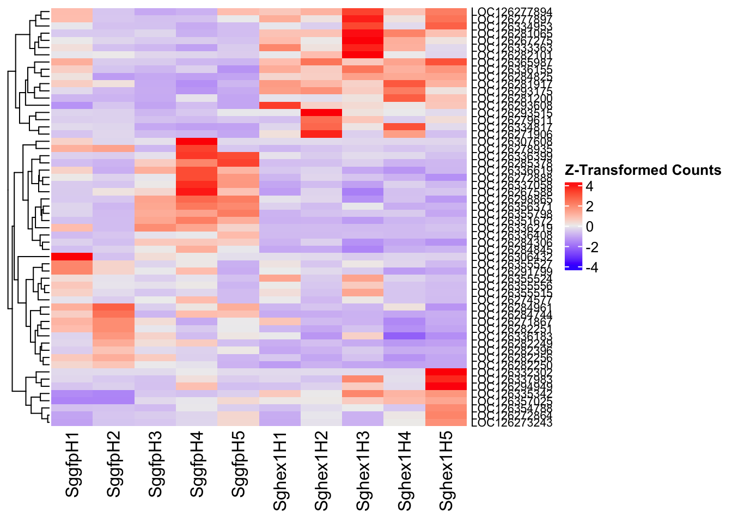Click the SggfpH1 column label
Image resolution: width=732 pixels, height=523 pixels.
pos(72,465)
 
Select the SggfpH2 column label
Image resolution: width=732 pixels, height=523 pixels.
pos(114,465)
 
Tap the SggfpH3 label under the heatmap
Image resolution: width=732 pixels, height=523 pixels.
pos(156,465)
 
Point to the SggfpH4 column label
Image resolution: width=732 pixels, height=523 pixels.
pos(197,465)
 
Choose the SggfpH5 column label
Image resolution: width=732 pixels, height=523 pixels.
pos(239,465)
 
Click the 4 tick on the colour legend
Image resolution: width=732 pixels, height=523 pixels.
pos(590,186)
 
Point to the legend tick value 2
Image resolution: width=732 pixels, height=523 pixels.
pos(590,206)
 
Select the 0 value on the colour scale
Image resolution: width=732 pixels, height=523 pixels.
pos(590,227)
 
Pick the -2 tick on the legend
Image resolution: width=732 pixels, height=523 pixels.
pos(592,247)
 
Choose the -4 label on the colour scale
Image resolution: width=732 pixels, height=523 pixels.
pos(592,267)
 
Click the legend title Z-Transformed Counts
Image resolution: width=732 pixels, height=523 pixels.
pos(643,171)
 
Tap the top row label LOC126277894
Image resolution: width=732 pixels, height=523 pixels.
pos(512,11)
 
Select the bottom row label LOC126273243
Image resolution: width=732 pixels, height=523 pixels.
pos(512,423)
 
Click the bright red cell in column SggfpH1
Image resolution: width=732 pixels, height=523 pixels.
pos(72,257)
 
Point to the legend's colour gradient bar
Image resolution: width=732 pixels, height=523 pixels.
pos(574,227)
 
